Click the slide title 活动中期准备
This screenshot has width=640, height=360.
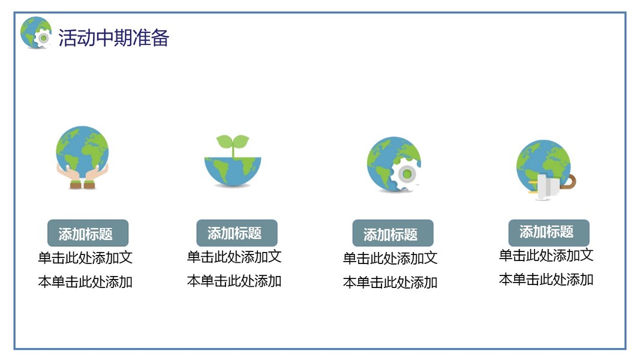(x=113, y=38)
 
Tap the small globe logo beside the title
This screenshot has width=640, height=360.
(x=36, y=32)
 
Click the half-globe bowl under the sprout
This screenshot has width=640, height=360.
(x=233, y=172)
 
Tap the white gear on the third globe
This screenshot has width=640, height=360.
(x=405, y=174)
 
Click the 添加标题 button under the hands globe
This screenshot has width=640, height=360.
(x=88, y=233)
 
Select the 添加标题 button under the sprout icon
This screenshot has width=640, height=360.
(x=237, y=233)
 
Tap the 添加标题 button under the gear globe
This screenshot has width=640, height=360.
(x=393, y=233)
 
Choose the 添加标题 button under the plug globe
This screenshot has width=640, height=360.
(x=549, y=233)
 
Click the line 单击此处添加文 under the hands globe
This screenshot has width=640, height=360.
(x=85, y=257)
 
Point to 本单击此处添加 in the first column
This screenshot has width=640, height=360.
(x=85, y=281)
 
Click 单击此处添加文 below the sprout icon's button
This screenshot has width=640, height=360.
(x=235, y=257)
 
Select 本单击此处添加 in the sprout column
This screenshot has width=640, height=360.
(x=235, y=281)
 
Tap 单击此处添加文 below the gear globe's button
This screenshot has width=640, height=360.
(x=390, y=259)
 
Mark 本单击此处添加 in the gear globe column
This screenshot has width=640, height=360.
(x=390, y=283)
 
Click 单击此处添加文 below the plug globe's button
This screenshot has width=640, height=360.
(x=546, y=256)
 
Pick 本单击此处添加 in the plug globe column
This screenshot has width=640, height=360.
(x=546, y=280)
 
